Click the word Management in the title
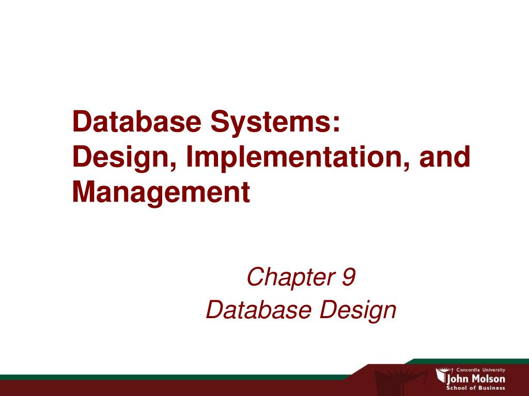(161, 192)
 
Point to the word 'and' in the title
(446, 157)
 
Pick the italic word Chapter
(285, 278)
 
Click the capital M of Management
(84, 192)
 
